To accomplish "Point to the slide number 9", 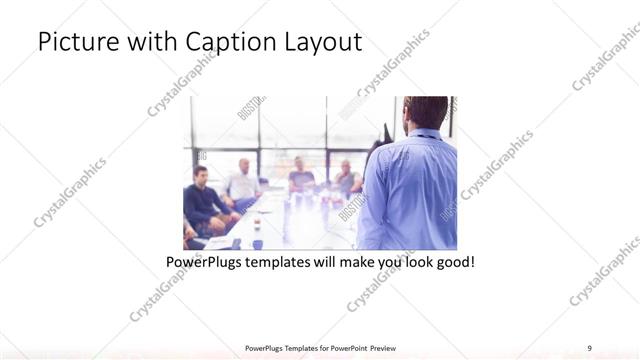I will click(590, 347).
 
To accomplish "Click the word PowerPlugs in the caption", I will click(208, 263).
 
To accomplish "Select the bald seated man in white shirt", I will click(243, 180).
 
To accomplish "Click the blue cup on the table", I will click(257, 243).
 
